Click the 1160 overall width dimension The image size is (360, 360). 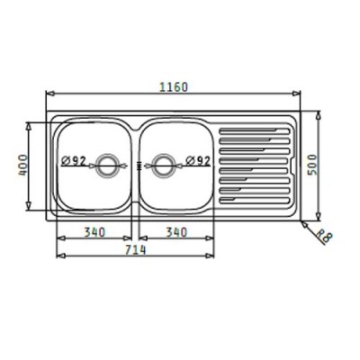[173, 87]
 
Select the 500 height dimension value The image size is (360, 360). [312, 165]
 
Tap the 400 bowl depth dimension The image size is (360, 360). [22, 166]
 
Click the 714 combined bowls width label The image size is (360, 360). [135, 249]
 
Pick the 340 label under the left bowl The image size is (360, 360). [94, 232]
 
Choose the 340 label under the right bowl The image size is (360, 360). [176, 232]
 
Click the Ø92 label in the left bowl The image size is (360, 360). [74, 161]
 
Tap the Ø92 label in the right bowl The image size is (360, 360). [198, 161]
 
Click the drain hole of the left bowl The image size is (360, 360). [106, 166]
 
